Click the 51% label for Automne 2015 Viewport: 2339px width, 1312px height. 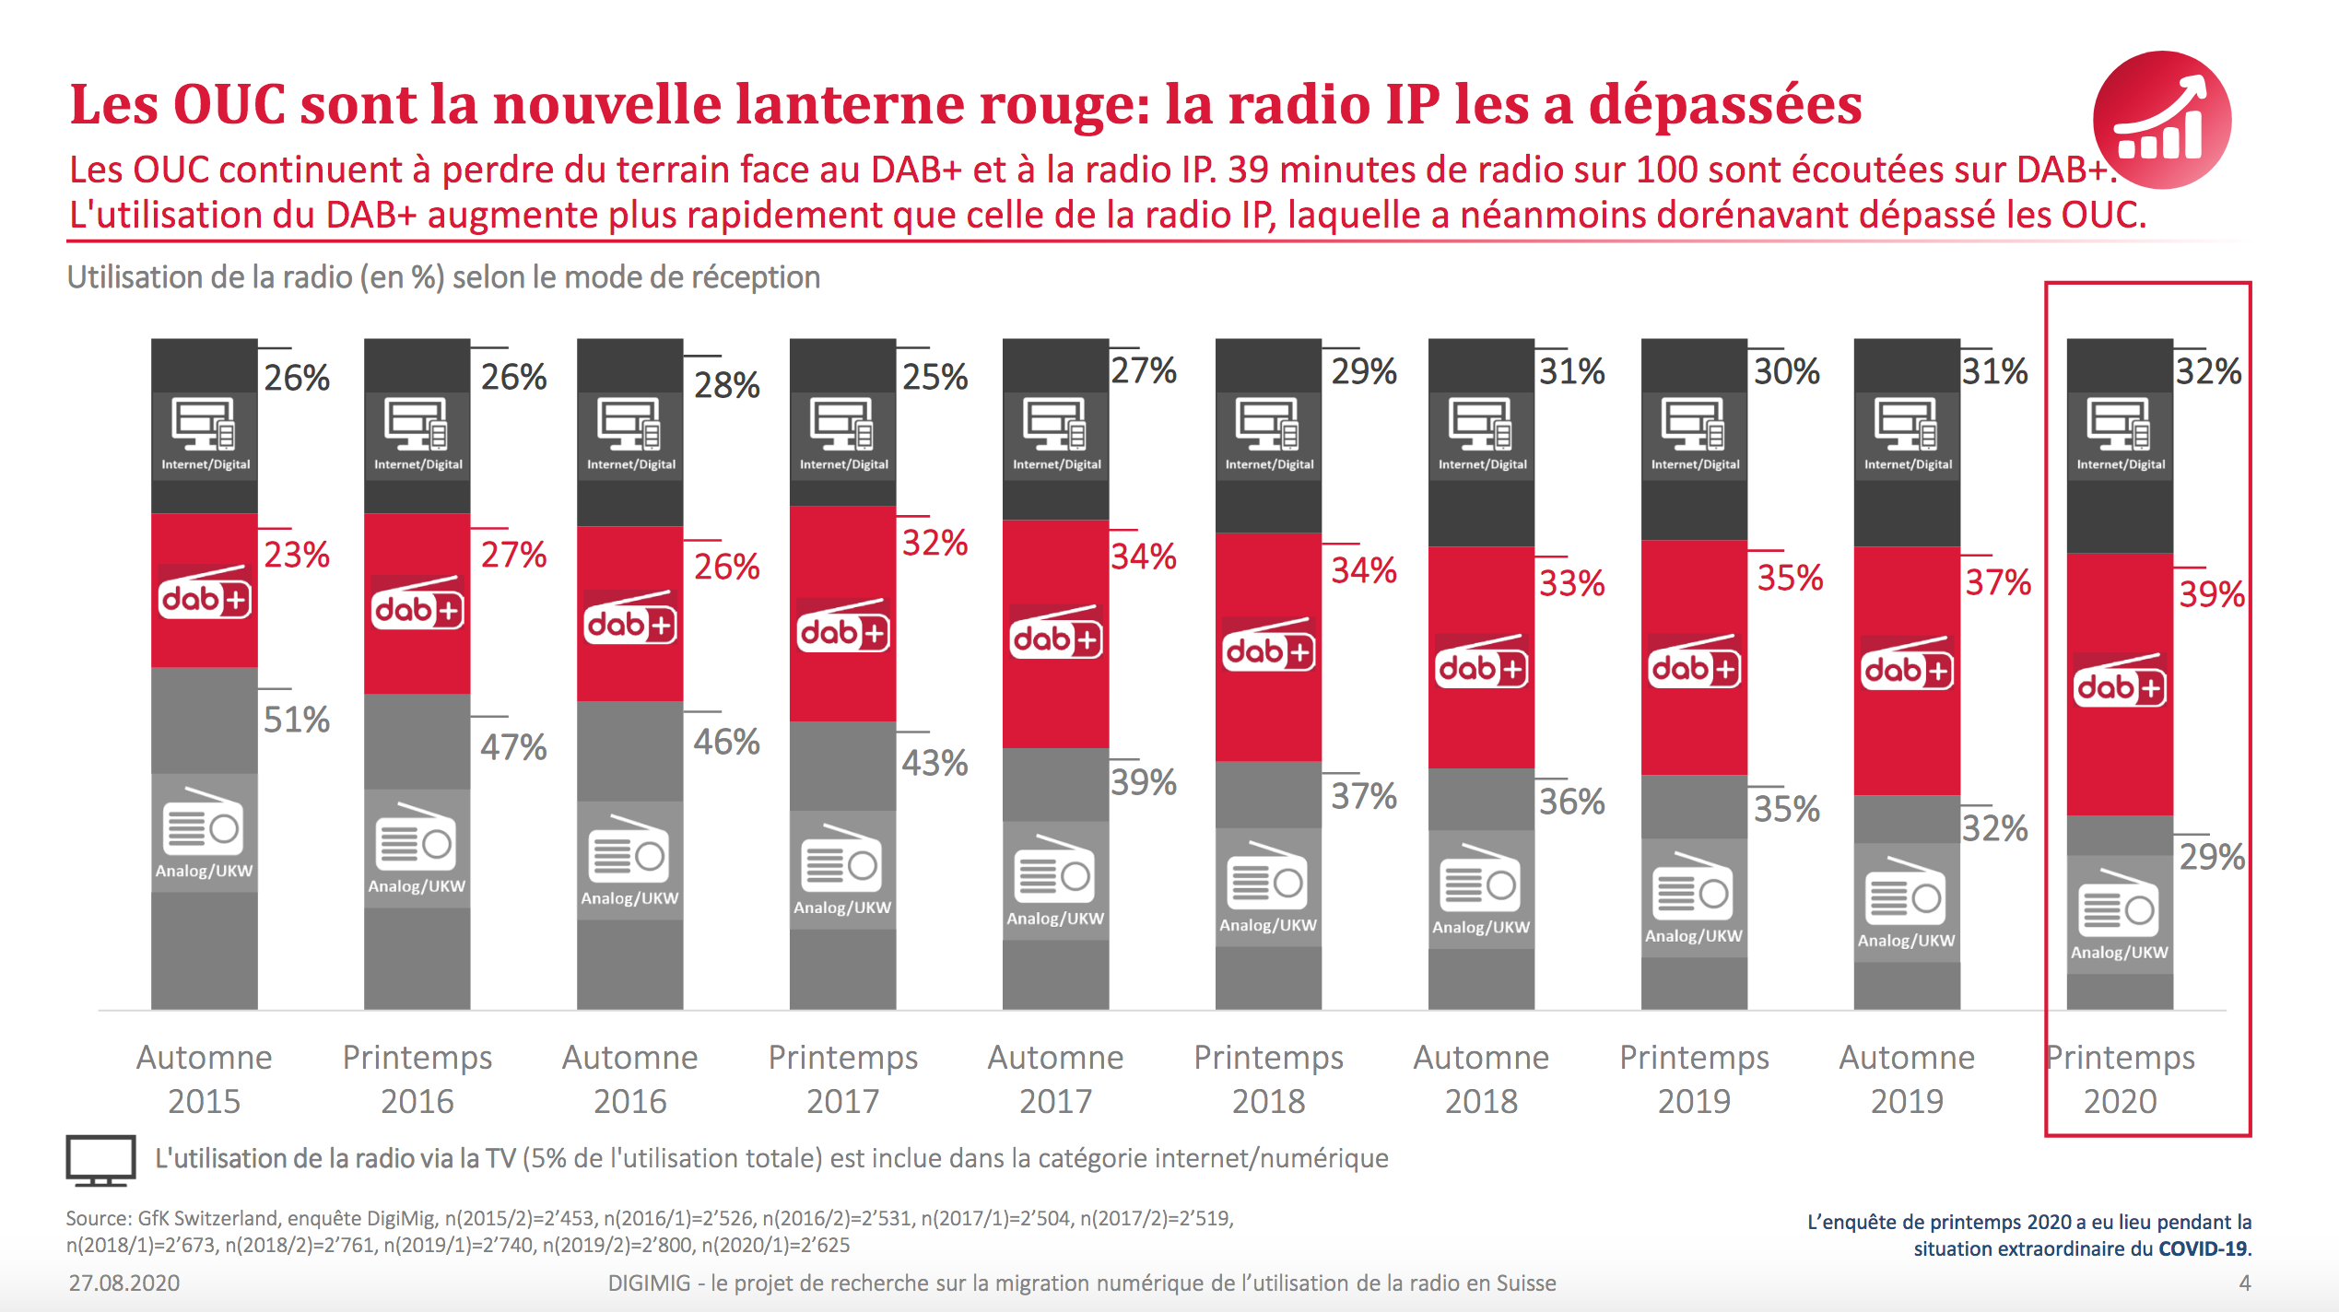coord(296,720)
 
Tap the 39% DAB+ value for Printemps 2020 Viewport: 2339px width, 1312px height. coord(2211,594)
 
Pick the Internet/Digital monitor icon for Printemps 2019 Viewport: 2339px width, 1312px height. coord(1694,424)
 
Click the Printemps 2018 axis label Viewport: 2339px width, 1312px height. coord(1268,1078)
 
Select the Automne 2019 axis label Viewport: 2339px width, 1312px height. coord(1907,1078)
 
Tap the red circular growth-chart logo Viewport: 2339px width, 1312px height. coord(2161,120)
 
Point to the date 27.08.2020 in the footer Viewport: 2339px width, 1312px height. coord(124,1283)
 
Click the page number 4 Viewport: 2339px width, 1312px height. coord(2244,1283)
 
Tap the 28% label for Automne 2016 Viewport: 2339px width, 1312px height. coord(726,385)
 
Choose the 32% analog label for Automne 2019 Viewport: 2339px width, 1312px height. coord(1994,828)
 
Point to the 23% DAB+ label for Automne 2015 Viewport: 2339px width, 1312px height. coord(296,555)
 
